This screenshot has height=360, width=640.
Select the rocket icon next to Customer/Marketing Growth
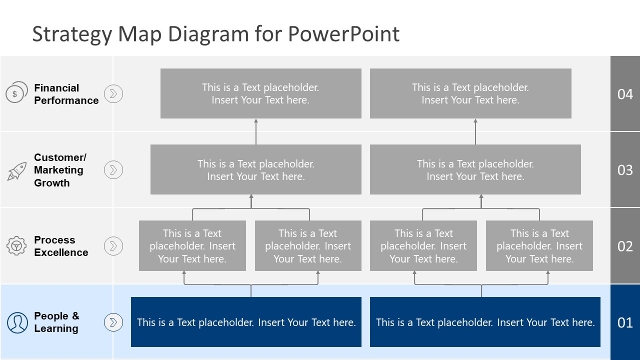[16, 171]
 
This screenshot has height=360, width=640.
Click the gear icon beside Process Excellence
[16, 245]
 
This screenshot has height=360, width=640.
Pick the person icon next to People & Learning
[17, 322]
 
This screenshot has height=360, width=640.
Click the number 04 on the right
[625, 94]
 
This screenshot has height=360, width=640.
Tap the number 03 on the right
[625, 170]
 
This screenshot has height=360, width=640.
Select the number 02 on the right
[625, 246]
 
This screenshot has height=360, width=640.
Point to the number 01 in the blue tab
[625, 322]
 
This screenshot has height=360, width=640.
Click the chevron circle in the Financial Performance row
[113, 93]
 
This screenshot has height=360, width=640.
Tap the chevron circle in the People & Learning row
[113, 322]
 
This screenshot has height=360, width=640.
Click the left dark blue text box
[246, 322]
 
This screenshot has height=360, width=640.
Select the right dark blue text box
[485, 322]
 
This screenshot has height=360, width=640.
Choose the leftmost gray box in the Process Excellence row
[192, 245]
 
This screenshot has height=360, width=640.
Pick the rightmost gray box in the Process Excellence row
[539, 245]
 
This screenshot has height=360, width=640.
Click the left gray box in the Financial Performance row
[260, 93]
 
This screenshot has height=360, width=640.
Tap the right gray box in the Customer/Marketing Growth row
[475, 169]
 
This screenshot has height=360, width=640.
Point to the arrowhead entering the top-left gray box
[256, 121]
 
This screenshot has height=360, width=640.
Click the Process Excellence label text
[61, 246]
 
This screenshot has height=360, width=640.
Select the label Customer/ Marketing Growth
[59, 170]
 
